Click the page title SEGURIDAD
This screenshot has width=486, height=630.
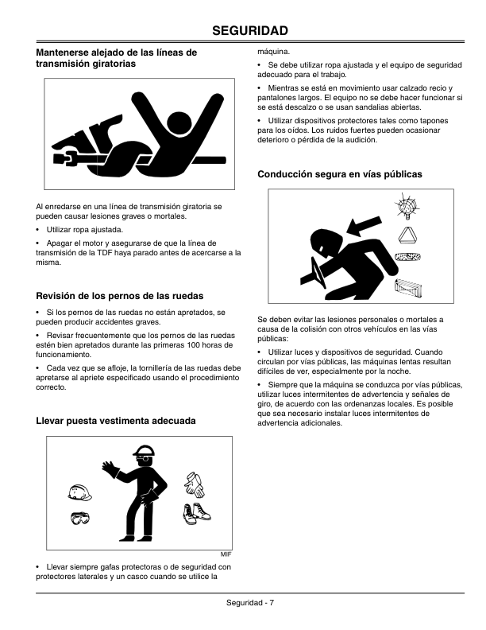[x=250, y=30]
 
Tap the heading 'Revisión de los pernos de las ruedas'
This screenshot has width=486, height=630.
[x=119, y=296]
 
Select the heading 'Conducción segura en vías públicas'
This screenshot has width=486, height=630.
[x=340, y=174]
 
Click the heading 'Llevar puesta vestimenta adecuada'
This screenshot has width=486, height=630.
[x=116, y=421]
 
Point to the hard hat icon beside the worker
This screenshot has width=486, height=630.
[x=79, y=492]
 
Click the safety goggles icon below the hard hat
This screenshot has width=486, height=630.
[x=80, y=519]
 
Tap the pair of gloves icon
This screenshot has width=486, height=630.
[x=195, y=484]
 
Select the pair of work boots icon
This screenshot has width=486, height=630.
[x=196, y=514]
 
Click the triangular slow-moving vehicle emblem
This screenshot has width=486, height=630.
[x=408, y=235]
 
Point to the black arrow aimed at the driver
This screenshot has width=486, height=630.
[x=364, y=226]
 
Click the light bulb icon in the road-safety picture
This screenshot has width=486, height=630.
[x=407, y=206]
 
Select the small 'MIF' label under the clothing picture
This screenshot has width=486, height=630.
[x=226, y=554]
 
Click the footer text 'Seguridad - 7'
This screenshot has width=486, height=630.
[x=250, y=603]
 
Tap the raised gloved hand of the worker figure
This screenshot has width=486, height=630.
[x=108, y=468]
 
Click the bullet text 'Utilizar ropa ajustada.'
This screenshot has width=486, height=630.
[x=85, y=230]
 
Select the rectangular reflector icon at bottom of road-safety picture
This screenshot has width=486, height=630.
[x=408, y=290]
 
